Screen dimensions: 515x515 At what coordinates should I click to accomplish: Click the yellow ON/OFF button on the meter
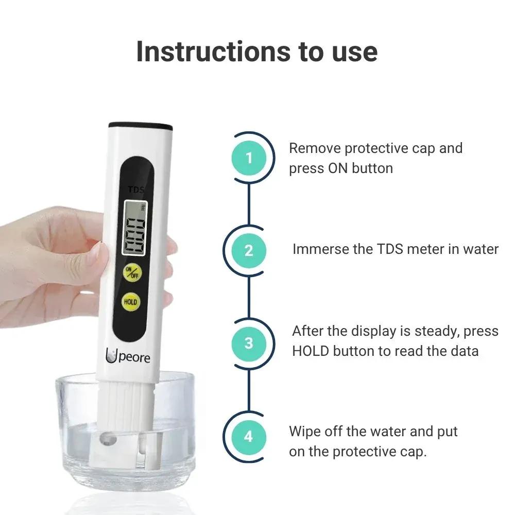point(131,273)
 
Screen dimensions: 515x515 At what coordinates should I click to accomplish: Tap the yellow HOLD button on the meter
point(131,302)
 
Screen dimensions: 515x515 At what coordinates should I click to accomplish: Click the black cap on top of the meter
point(140,125)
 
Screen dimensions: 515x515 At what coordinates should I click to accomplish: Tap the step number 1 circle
point(249,158)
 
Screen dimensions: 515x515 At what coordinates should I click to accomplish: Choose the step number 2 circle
point(249,250)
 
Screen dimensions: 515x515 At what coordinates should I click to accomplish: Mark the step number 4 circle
point(249,436)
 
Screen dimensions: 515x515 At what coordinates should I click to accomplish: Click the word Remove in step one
point(315,148)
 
